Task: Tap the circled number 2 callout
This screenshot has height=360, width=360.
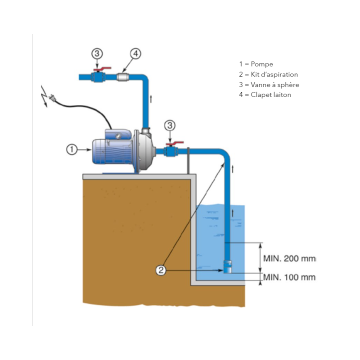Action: (x=162, y=270)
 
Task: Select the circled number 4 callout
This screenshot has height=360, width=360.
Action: (x=135, y=54)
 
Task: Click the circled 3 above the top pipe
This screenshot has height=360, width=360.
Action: (x=97, y=54)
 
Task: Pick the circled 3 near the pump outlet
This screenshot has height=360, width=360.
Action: (x=170, y=126)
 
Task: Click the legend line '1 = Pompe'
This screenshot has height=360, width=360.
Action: (x=256, y=64)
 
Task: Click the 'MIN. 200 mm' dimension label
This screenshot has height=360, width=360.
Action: (x=289, y=259)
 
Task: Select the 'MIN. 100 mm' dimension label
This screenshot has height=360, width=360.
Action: (x=289, y=277)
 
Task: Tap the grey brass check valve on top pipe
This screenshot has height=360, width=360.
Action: (x=123, y=77)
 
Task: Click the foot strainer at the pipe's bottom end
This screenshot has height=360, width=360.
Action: (x=228, y=267)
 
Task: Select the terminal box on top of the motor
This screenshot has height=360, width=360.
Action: (x=117, y=133)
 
